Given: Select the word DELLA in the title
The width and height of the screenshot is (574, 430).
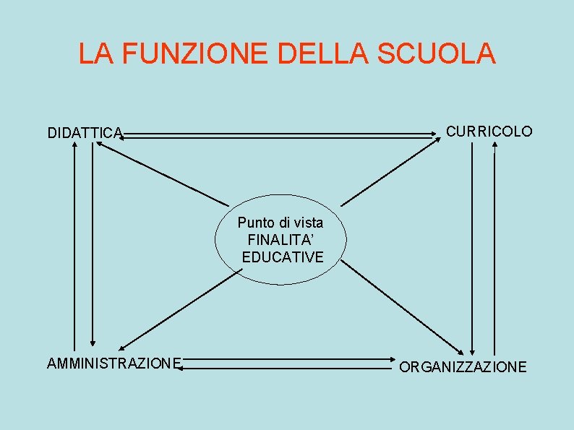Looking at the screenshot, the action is [x=325, y=54].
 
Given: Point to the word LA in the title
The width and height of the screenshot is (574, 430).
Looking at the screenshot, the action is [x=95, y=54].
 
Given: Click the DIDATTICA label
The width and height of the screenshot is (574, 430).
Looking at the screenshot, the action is [x=85, y=133].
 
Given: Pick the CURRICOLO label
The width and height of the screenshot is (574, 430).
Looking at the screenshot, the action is [x=489, y=132].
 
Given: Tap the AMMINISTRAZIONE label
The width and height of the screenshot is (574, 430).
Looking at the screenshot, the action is [x=114, y=363].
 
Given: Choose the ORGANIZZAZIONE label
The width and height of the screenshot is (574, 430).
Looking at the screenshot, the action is [x=463, y=367].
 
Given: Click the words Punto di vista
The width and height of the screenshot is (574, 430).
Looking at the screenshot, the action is [x=280, y=223].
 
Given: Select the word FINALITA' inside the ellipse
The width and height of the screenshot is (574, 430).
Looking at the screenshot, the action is [x=281, y=240].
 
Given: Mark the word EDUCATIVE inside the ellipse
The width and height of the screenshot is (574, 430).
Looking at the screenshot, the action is [x=283, y=257].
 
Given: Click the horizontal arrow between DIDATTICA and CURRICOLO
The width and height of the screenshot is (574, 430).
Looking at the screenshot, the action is [x=282, y=134].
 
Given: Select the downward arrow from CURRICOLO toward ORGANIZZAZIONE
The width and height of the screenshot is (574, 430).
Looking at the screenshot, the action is [x=472, y=246].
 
